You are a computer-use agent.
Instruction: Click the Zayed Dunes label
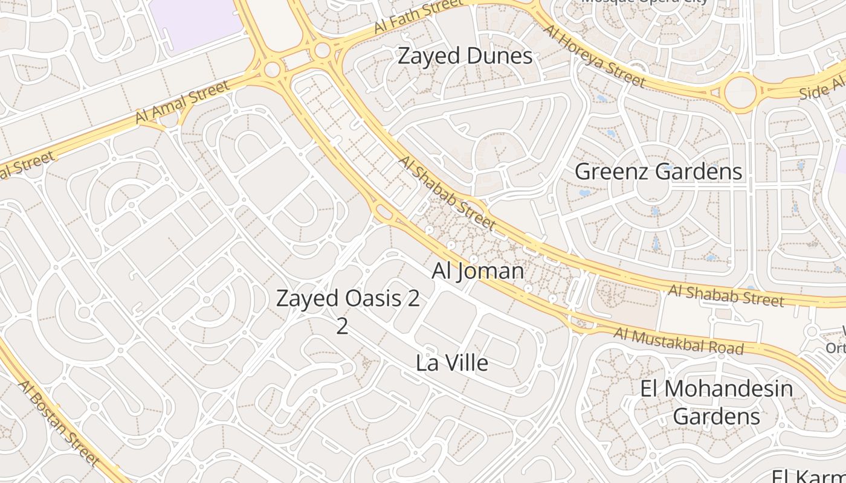465,56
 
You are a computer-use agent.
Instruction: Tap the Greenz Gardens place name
658,171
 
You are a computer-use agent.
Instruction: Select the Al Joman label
477,271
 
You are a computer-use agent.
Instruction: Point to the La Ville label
451,363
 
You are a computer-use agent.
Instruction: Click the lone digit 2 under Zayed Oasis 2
342,326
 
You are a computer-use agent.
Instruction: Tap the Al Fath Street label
417,18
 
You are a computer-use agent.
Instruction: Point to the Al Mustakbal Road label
678,341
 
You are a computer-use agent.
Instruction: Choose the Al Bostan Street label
59,423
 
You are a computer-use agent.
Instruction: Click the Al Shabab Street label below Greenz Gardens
726,296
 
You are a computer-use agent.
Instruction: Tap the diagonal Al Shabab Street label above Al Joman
447,193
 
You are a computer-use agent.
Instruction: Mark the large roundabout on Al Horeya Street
740,92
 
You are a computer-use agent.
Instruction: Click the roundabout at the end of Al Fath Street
323,50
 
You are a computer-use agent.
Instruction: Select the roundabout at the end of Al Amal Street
273,69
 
